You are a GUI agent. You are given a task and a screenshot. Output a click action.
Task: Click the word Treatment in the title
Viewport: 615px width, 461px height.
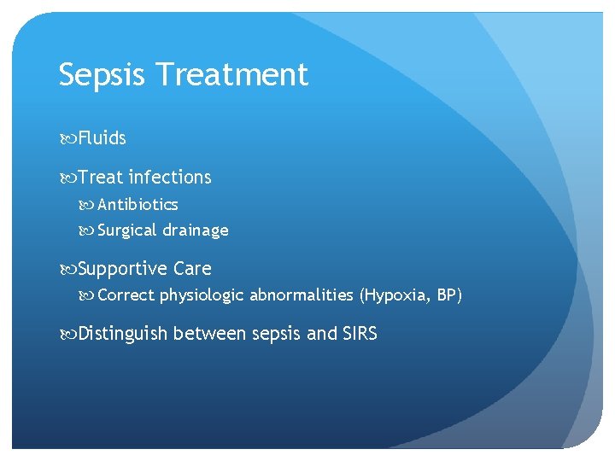(233, 75)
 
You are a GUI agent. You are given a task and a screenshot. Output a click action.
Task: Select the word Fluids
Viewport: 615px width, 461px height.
(102, 138)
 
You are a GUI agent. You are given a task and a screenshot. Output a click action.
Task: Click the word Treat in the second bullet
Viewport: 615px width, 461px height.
(100, 178)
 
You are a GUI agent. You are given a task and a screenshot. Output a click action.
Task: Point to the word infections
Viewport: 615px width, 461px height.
(170, 178)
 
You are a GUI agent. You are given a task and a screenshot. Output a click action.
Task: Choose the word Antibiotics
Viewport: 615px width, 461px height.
(138, 205)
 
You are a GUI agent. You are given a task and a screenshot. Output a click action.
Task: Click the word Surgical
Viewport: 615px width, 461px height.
(127, 230)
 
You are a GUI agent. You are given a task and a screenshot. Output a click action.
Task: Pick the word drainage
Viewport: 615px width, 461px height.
(196, 230)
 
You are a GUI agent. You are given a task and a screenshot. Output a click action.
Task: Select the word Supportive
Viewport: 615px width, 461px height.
(123, 269)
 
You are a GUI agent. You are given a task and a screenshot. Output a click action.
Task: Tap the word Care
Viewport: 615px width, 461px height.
(192, 269)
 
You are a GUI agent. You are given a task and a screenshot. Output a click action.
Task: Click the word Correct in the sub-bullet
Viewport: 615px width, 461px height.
(126, 296)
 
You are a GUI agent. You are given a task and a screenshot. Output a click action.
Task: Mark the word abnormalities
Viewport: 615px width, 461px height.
(302, 296)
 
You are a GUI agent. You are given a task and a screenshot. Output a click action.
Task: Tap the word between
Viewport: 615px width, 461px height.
(210, 334)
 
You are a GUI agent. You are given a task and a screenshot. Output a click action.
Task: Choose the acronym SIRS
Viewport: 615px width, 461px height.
(360, 334)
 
